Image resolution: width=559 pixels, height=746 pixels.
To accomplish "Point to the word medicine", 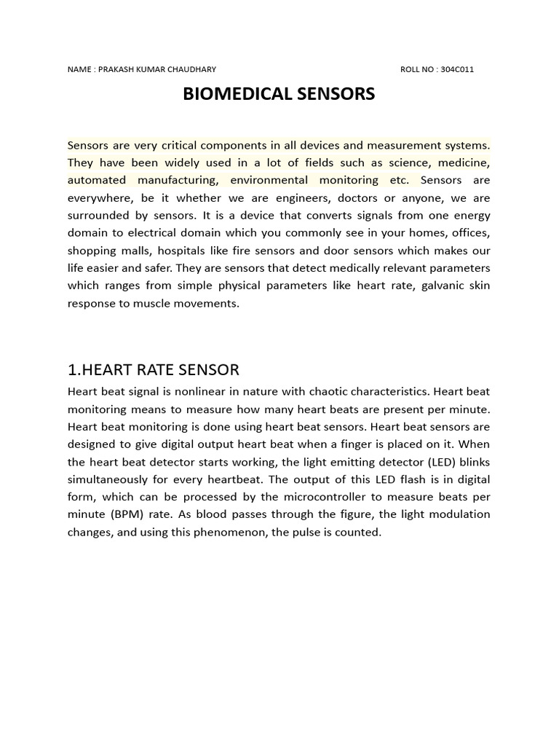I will point(464,162).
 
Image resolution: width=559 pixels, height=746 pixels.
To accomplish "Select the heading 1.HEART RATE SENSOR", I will point(153,370).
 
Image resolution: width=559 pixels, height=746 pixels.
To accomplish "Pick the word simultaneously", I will point(112,479).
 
